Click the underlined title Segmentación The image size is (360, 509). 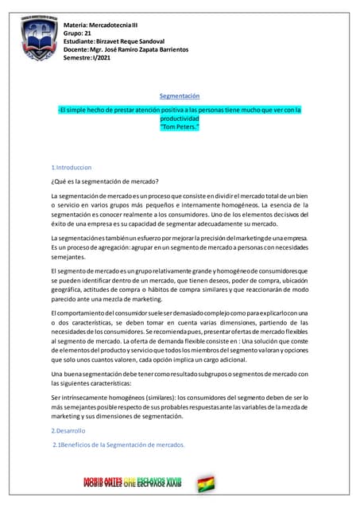pos(180,96)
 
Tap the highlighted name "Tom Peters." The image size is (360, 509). pos(180,126)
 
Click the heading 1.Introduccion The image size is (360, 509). pos(72,168)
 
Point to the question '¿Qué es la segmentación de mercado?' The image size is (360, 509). pos(104,181)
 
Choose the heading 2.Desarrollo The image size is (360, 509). pos(68,430)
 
